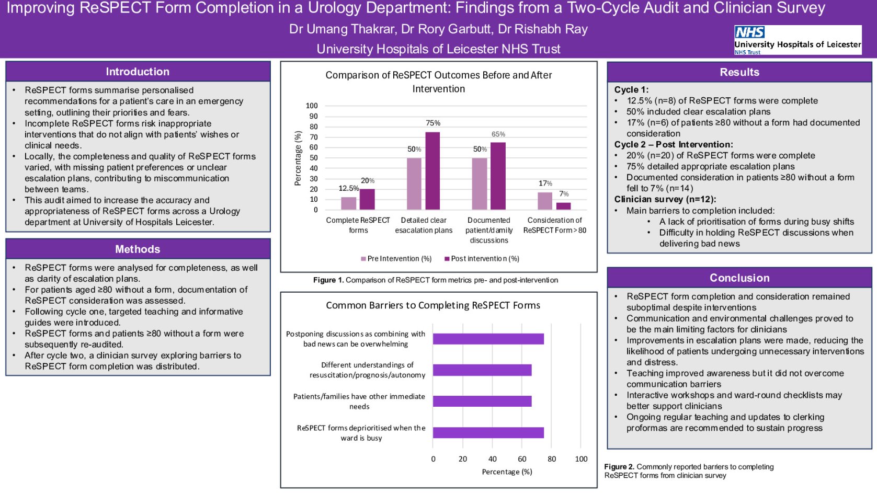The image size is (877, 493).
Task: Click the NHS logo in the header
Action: [x=749, y=32]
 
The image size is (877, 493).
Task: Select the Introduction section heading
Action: [x=138, y=72]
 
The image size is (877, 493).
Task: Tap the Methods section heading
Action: [x=138, y=249]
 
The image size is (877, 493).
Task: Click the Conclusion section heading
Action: [x=739, y=278]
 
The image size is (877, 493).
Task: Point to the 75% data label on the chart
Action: [x=433, y=123]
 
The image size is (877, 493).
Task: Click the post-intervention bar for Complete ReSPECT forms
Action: [x=367, y=199]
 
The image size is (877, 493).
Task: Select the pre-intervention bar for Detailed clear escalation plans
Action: [x=414, y=184]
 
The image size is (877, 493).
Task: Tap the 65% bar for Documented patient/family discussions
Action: [x=498, y=176]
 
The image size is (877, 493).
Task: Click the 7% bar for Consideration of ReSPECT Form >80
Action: [x=563, y=206]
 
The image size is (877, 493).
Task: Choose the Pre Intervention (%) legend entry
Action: [x=396, y=259]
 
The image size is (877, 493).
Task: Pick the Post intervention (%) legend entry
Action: [x=482, y=259]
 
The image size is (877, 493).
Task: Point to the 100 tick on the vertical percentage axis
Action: [x=312, y=106]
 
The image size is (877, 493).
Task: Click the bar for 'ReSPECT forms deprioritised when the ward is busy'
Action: [x=488, y=432]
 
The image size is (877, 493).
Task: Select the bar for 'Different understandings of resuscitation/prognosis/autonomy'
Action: [x=482, y=370]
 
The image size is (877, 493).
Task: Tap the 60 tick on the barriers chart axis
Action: [x=522, y=459]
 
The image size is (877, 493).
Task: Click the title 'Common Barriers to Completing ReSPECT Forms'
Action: [x=433, y=305]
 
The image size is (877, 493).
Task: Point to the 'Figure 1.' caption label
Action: [x=328, y=280]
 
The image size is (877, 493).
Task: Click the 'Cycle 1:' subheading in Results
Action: [x=631, y=89]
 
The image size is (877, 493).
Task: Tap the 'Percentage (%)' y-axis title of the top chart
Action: [x=298, y=158]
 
